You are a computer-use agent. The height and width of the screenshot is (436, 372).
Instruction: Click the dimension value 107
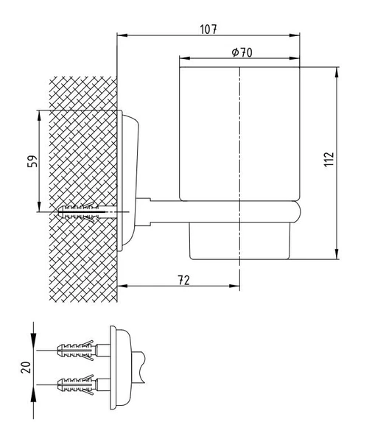tap(208, 29)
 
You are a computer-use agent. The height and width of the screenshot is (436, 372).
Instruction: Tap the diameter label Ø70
tap(242, 52)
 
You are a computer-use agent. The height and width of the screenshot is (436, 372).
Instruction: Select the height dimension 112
tap(329, 159)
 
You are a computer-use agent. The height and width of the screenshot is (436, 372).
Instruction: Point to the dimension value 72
tap(183, 280)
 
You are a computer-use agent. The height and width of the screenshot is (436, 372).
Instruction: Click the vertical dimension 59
tap(32, 161)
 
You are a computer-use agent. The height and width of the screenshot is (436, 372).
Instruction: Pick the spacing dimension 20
tap(26, 368)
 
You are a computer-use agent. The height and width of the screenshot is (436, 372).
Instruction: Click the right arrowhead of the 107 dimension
tap(295, 35)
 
